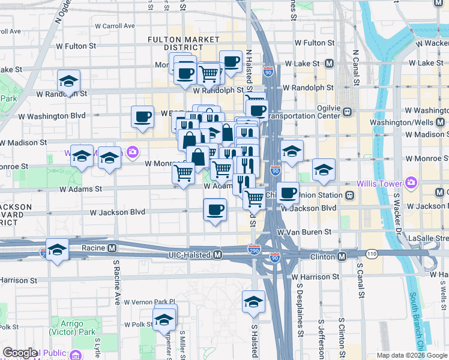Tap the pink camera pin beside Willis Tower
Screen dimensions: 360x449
tap(411, 182)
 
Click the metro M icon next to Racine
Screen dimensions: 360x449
tap(112, 248)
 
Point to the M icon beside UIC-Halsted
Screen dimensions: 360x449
tap(218, 255)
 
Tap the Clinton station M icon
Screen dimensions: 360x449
tap(342, 257)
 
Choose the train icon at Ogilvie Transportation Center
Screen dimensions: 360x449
tap(346, 112)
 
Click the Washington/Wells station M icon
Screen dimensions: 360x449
tap(441, 122)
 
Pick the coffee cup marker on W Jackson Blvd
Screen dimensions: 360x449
tap(215, 210)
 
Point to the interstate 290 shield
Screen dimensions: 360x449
tap(254, 248)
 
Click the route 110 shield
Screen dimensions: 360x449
tap(372, 254)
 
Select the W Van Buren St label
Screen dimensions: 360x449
tap(304, 232)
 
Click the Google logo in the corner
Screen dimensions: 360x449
tap(20, 353)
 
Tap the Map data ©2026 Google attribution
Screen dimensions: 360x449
tap(411, 355)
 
